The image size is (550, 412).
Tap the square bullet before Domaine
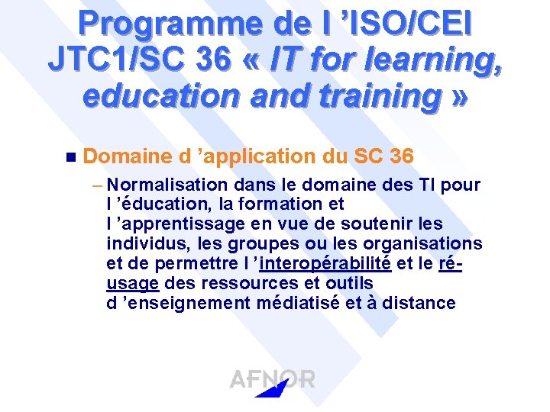[71, 158]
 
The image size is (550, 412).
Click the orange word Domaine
[127, 156]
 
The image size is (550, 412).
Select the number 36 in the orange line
[401, 156]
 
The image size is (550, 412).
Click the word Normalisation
[168, 185]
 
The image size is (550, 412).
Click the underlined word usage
[133, 283]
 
